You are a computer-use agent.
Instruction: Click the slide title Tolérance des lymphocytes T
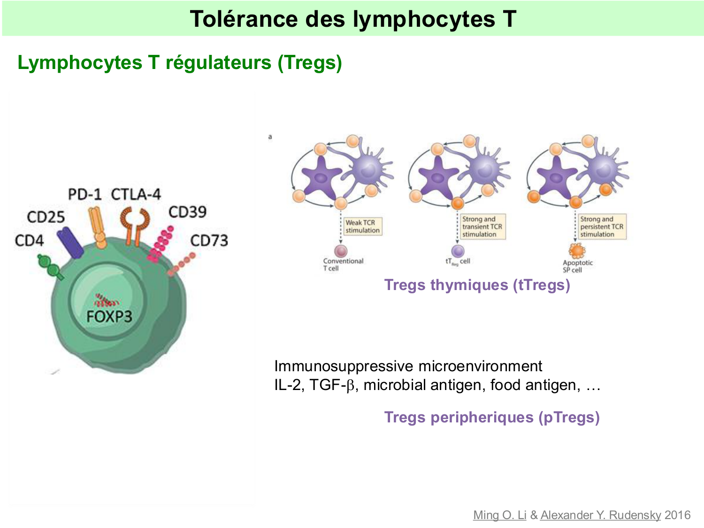tap(353, 19)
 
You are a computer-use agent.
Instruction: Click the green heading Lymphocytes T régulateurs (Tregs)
tap(179, 62)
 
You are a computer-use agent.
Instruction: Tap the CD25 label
tap(46, 217)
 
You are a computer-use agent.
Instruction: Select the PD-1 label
tap(84, 194)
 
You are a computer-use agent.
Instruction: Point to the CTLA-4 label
tap(136, 194)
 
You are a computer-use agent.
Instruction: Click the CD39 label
tap(187, 212)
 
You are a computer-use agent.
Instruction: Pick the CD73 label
tap(209, 241)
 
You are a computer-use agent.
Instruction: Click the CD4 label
tap(29, 240)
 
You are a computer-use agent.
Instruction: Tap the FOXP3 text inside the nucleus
tap(109, 316)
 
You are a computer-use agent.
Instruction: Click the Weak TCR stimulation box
tap(362, 226)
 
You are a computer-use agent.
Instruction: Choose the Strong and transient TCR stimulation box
tap(482, 227)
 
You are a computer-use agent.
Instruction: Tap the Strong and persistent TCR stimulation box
tap(602, 227)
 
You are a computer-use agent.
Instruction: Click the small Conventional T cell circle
tap(340, 251)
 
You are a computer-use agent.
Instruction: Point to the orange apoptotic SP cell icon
tap(577, 251)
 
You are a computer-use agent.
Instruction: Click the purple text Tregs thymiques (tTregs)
tap(477, 285)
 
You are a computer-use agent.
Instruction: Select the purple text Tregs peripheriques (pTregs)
tap(491, 417)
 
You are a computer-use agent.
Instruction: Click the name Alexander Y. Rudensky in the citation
tap(600, 515)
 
